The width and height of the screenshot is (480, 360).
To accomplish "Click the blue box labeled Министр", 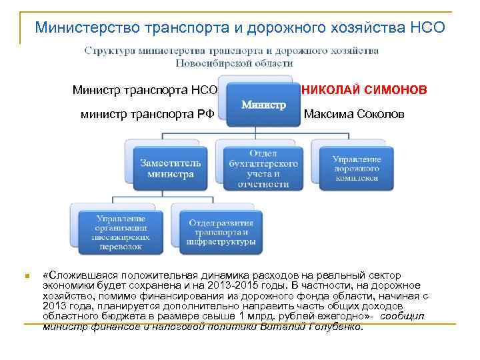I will [263, 105].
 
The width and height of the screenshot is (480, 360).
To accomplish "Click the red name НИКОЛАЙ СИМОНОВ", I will [365, 89].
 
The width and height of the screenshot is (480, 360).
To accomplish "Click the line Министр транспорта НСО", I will [145, 89].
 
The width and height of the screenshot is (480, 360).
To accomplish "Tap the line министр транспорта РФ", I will [147, 114].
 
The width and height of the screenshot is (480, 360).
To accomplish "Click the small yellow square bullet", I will [25, 275].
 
